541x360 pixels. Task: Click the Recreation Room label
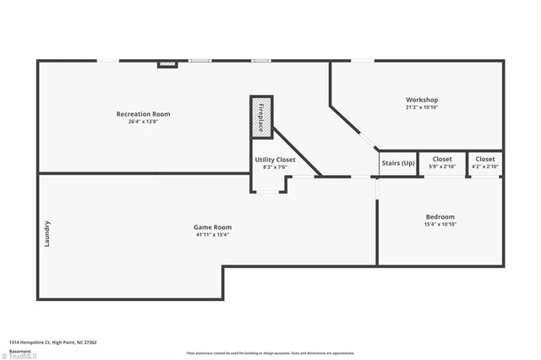click(x=143, y=114)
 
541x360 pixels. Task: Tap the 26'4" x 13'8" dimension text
click(x=143, y=122)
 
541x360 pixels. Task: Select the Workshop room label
click(x=421, y=100)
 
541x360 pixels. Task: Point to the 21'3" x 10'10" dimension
click(x=421, y=107)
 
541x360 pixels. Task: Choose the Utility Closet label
click(x=275, y=159)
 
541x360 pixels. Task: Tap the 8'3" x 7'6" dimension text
click(x=275, y=166)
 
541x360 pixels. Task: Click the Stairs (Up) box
click(x=398, y=162)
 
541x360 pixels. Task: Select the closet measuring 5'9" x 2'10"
click(x=442, y=162)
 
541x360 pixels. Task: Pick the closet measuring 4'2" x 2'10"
click(x=485, y=162)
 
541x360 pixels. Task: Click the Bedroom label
click(x=440, y=216)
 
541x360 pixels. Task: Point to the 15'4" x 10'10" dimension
click(x=440, y=224)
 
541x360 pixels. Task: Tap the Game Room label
click(x=212, y=226)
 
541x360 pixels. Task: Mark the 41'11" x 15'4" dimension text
click(x=212, y=234)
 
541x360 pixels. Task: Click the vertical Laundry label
click(x=47, y=234)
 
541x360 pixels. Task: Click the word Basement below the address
click(x=19, y=349)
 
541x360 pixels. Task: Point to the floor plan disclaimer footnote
click(x=270, y=353)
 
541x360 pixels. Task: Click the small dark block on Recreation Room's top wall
click(x=167, y=63)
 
